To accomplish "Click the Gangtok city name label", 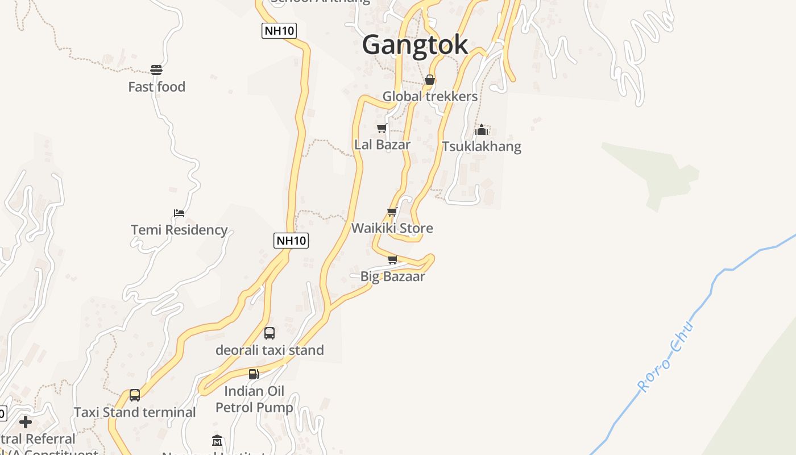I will click(x=415, y=44).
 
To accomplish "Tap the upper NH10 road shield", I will click(x=279, y=31).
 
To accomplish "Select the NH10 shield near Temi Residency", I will click(x=291, y=241).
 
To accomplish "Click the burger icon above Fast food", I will click(x=156, y=70).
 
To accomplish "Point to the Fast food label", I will click(x=156, y=87).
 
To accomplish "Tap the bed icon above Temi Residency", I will click(x=179, y=213).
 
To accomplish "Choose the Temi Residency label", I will click(x=179, y=230).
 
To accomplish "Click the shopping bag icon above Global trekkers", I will click(x=430, y=80).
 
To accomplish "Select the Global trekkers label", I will click(x=430, y=96).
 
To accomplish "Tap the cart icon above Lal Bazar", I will click(x=382, y=128).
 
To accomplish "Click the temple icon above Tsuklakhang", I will click(x=482, y=130).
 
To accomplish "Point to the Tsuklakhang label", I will click(x=482, y=147).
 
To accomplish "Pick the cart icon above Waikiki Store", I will click(x=392, y=212).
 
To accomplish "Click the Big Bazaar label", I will click(x=392, y=277).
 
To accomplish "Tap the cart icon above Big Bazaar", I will click(x=392, y=260).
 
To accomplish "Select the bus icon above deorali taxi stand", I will click(x=270, y=333).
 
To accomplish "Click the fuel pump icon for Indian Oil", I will click(x=254, y=374).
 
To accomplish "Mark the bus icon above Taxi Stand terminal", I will click(x=135, y=395).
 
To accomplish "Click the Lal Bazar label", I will click(x=382, y=144).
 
